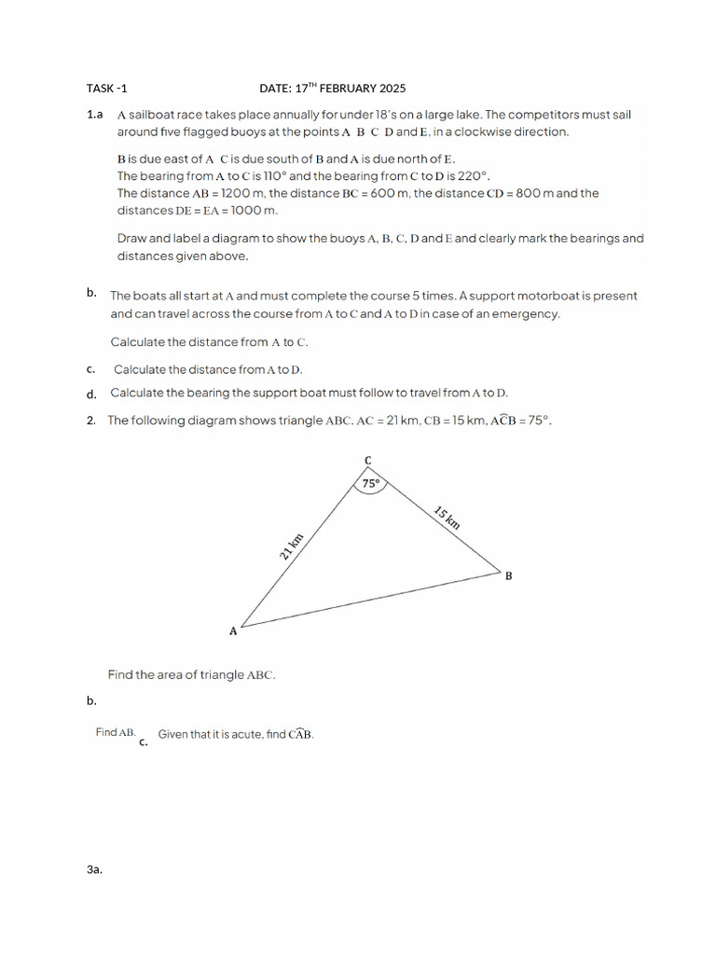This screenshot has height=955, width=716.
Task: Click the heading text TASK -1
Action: (x=106, y=89)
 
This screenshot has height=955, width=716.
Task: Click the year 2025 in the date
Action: (x=392, y=89)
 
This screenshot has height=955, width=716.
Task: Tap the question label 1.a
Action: (x=93, y=115)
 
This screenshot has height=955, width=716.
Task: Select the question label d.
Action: (x=91, y=394)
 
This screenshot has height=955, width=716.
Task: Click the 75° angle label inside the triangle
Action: (x=371, y=484)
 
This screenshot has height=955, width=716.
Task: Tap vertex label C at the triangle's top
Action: (x=367, y=461)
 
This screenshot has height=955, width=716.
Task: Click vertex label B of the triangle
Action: (x=508, y=576)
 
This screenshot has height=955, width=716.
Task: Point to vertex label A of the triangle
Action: (x=233, y=631)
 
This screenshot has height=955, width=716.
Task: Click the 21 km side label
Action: (x=292, y=546)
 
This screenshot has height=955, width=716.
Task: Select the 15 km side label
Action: (x=447, y=517)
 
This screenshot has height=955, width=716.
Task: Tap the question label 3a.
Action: (x=93, y=869)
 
